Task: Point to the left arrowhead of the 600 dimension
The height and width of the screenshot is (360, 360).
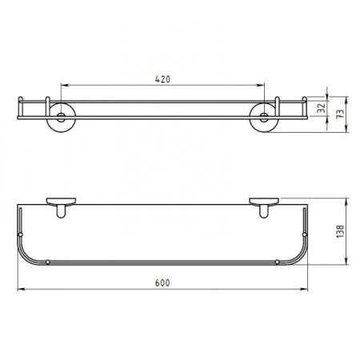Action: click(20, 290)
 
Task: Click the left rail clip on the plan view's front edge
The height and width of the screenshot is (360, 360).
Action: click(50, 261)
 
